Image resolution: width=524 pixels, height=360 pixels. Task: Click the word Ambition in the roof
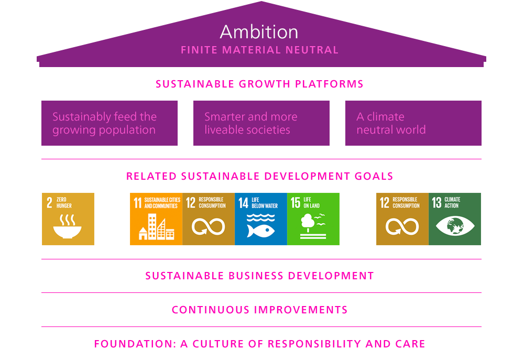(259, 31)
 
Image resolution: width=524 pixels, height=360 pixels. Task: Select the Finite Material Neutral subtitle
(259, 50)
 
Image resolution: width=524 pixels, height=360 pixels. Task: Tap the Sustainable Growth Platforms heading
(259, 84)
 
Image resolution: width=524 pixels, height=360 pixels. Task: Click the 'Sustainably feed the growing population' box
(110, 123)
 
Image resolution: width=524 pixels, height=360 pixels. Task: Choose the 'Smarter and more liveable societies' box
(261, 123)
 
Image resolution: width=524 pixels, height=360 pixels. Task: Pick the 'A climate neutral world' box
(413, 123)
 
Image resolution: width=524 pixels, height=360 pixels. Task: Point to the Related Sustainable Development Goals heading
(259, 176)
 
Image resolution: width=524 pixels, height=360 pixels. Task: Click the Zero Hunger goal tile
(68, 219)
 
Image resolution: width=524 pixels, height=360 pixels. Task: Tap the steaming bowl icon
(68, 228)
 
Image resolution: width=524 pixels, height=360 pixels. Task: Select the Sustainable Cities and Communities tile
(156, 219)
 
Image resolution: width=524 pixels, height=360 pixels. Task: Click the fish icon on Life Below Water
(261, 230)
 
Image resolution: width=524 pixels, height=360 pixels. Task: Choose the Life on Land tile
(313, 219)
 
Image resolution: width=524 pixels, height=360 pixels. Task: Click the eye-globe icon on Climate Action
(455, 227)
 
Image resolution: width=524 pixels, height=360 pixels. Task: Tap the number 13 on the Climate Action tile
(436, 203)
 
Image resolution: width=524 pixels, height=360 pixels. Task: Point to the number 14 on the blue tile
(243, 203)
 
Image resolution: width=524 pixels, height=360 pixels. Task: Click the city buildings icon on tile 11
(156, 228)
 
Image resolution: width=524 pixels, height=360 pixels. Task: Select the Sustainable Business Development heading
(259, 276)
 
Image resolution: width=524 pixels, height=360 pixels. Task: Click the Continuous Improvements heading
(259, 310)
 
